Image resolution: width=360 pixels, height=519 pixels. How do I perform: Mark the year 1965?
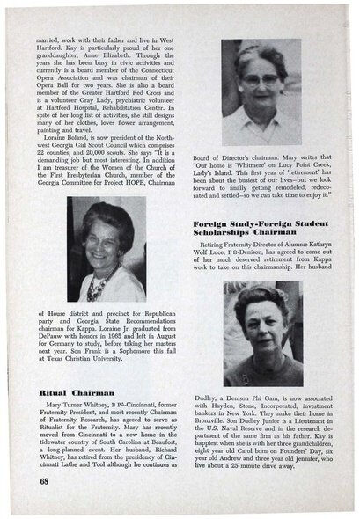119,345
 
